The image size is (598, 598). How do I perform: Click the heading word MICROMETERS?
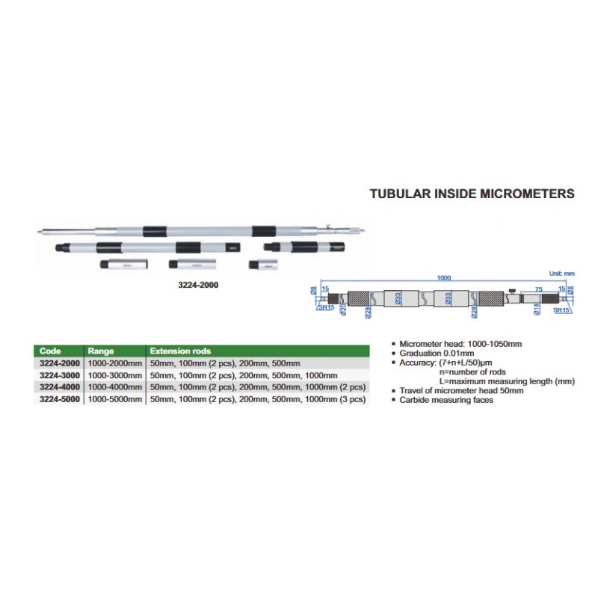[x=525, y=194]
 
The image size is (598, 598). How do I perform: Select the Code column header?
[x=51, y=351]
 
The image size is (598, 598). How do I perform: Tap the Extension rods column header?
[x=180, y=351]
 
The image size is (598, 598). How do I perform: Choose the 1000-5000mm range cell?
[x=114, y=399]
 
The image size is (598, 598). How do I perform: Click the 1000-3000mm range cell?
[x=114, y=375]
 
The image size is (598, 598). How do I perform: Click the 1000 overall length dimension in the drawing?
[x=444, y=278]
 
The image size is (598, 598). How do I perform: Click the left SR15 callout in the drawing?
[x=324, y=307]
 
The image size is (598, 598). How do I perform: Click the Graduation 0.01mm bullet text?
[x=437, y=353]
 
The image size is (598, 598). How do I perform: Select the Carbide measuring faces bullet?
[x=446, y=400]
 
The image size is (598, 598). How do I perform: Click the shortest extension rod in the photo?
[x=262, y=265]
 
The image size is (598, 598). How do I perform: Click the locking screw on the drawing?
[x=512, y=290]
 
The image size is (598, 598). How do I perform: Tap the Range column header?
[x=101, y=351]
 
